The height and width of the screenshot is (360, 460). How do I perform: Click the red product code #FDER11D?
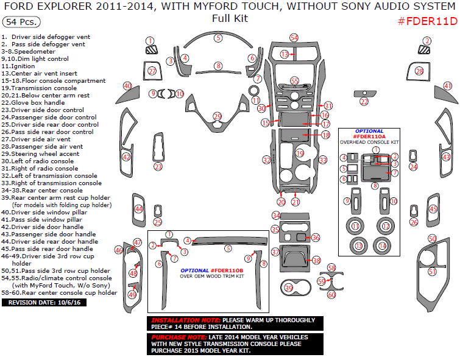pos(427,22)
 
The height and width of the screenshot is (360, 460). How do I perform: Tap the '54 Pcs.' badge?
pos(21,22)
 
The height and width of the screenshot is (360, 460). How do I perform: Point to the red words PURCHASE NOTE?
pos(178,337)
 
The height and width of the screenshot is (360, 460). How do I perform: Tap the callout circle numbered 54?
pos(294,38)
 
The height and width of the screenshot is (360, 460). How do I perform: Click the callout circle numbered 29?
pos(218,116)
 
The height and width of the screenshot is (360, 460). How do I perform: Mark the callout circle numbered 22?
pos(364,102)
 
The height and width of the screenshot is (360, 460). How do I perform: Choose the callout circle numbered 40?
pos(127,86)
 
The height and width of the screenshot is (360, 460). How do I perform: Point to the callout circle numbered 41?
pos(448,86)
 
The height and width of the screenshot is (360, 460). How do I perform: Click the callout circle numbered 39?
pos(288,288)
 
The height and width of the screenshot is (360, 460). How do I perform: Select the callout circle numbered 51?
pos(432,272)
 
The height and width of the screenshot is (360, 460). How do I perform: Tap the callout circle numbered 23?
pos(158,167)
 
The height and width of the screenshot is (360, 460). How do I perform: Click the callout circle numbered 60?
pos(331,295)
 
